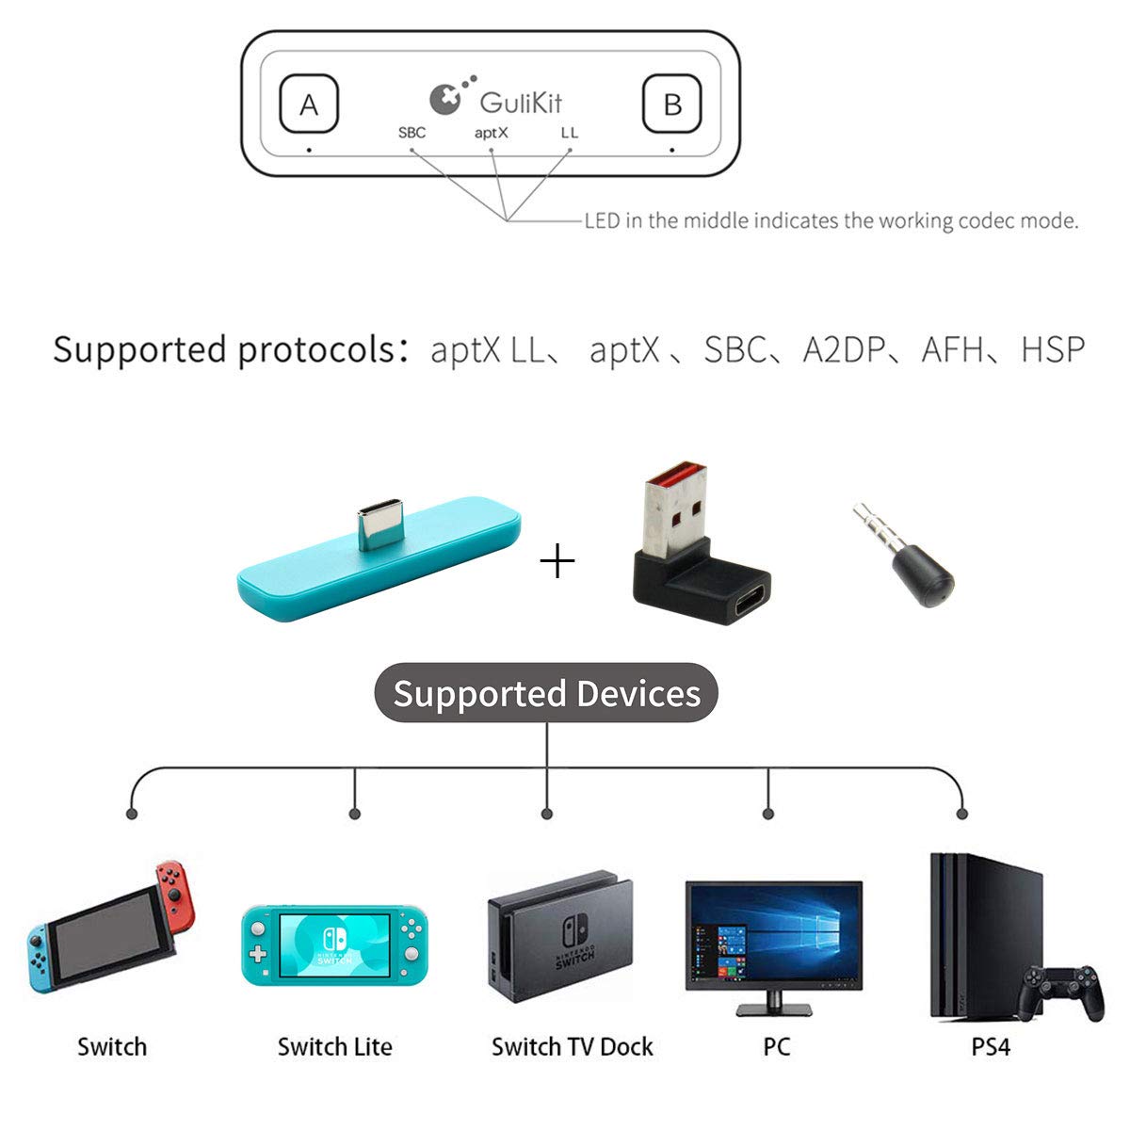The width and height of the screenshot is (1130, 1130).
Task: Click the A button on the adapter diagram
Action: (x=309, y=105)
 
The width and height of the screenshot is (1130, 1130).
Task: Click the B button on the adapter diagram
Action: (x=671, y=105)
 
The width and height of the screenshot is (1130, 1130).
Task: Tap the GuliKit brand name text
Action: (x=520, y=102)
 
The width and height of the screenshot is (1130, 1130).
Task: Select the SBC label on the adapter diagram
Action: (x=412, y=133)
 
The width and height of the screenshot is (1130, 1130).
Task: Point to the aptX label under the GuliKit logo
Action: (x=491, y=133)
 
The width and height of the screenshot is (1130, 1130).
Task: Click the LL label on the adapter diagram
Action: (x=569, y=133)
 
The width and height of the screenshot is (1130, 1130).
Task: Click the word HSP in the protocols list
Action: (x=1052, y=349)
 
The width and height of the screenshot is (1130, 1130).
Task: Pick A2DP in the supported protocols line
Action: (x=844, y=349)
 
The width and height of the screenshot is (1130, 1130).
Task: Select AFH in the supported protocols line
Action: (x=954, y=349)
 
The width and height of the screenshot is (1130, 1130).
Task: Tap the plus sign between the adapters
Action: (x=557, y=563)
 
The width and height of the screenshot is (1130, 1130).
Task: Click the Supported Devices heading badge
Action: (x=546, y=693)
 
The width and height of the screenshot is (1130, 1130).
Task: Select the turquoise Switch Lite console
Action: (x=334, y=945)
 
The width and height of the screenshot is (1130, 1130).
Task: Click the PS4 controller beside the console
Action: (x=1063, y=992)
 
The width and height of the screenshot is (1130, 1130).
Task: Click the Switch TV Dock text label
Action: (x=572, y=1046)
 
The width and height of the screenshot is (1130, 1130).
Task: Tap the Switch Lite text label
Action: (x=334, y=1046)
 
